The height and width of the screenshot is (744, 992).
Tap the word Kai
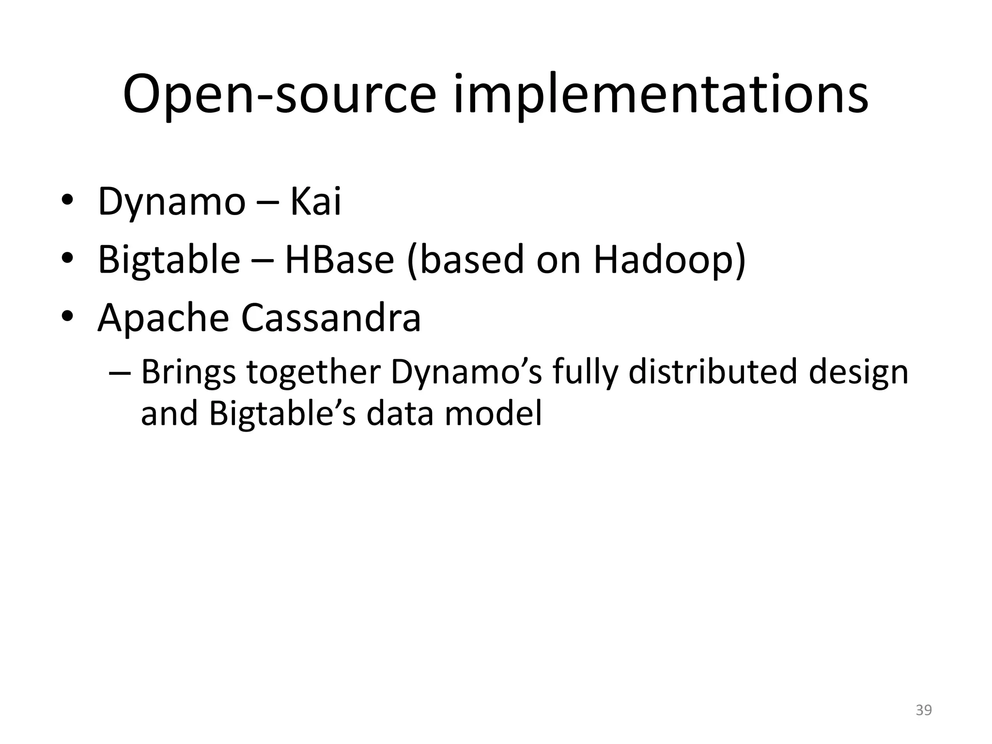315,201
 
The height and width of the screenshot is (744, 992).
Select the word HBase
339,260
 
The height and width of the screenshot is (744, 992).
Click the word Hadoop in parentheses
664,260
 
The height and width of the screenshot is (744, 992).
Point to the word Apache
163,318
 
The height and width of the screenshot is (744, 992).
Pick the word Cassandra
331,318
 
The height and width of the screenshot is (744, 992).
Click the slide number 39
924,710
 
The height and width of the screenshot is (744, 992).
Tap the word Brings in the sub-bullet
188,373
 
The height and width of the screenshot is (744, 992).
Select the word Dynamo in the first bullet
171,202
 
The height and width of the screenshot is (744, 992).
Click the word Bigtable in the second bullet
169,260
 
